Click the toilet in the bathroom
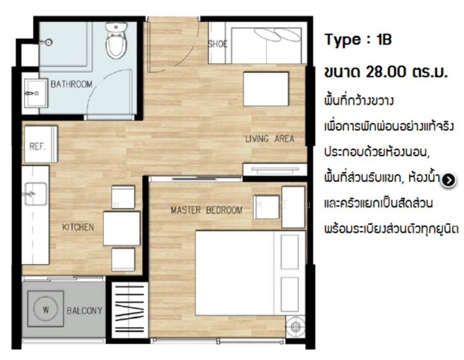tap(116, 41)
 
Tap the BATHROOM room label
tap(71, 85)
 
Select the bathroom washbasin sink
tap(35, 93)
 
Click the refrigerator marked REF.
tap(41, 144)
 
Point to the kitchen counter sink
tap(35, 194)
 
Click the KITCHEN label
tap(78, 227)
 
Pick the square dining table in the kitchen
tap(122, 228)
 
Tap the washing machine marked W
tap(46, 309)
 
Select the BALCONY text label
tap(85, 311)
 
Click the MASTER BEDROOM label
tap(207, 210)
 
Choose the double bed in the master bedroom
tap(250, 273)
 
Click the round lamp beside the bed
tap(296, 326)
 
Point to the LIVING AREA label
tap(270, 139)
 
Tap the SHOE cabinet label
tap(218, 44)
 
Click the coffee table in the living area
tap(266, 89)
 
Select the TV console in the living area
tap(275, 170)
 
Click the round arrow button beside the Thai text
tap(448, 180)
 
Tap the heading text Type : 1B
tap(358, 40)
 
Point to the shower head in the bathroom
tap(47, 43)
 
